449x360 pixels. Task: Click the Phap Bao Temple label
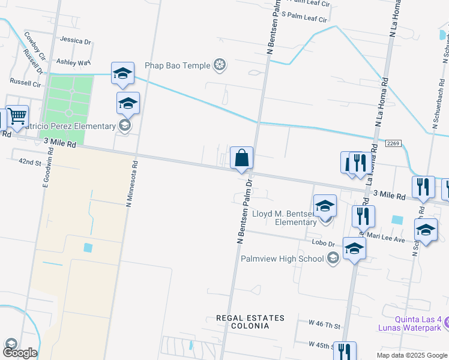[177, 65]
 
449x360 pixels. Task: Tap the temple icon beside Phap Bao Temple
[220, 65]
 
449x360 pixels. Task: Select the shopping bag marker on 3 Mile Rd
[241, 158]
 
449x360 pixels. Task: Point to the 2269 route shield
[393, 143]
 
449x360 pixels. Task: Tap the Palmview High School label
[282, 259]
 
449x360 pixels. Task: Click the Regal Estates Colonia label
[250, 322]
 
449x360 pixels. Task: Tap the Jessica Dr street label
[75, 41]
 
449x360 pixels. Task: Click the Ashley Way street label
[73, 62]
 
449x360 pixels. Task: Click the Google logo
[19, 352]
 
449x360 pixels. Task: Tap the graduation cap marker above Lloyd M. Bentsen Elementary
[325, 206]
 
